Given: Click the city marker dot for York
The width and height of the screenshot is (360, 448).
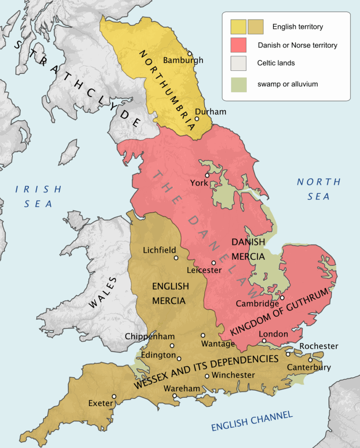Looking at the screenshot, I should click(207, 175).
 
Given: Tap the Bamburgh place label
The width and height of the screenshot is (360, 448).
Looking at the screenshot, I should click(183, 60).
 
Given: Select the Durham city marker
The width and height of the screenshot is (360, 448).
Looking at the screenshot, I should click(197, 119).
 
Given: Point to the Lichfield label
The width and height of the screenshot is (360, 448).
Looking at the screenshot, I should click(160, 250).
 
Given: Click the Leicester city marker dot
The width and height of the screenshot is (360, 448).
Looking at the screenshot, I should click(214, 263).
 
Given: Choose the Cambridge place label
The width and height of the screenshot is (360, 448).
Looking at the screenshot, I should click(257, 304).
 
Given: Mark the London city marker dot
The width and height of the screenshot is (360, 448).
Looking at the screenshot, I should click(264, 340).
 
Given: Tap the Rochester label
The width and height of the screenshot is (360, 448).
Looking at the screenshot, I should click(319, 346).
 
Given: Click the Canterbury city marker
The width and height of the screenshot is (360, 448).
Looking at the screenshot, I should click(310, 360).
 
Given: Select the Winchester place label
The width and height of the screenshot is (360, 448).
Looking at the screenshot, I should click(233, 375).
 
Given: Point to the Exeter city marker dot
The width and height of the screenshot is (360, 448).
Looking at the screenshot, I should click(114, 396).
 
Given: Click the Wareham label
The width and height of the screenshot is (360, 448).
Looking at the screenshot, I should click(182, 388).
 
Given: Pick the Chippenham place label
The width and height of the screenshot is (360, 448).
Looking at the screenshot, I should click(150, 336).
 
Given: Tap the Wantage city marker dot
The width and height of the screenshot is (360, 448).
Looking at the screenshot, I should click(203, 336).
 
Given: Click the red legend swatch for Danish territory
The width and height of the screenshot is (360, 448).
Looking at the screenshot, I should click(238, 45).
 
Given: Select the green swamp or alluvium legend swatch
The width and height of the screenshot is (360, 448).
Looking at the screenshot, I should click(238, 84).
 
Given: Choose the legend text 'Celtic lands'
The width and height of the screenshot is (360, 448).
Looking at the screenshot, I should click(276, 63).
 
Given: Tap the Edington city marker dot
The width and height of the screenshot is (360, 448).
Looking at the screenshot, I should click(179, 358).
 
